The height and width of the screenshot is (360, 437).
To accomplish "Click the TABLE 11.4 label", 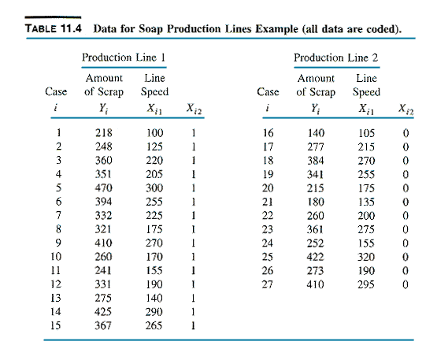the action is [54, 28].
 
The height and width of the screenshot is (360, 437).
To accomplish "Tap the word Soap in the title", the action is [150, 29].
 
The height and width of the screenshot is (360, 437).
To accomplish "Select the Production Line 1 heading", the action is [124, 58].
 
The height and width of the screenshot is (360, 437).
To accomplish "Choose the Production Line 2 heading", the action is [336, 58].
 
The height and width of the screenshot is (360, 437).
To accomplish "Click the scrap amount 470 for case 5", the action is [104, 187].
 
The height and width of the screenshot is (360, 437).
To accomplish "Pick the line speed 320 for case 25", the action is [366, 257].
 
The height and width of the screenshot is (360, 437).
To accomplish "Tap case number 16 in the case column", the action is [268, 132].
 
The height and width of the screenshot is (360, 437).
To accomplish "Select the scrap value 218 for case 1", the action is [104, 132].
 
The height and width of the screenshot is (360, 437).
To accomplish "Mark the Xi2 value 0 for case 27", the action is [406, 284].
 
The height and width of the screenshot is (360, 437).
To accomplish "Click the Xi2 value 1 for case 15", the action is [193, 325].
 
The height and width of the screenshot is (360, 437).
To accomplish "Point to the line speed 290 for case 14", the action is [154, 312].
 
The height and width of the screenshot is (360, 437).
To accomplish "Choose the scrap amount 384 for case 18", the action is [316, 161].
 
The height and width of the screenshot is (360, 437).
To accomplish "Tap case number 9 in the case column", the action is [58, 243].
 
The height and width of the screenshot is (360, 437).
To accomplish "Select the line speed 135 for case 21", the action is [366, 202].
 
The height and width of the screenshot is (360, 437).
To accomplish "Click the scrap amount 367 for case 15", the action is [103, 325].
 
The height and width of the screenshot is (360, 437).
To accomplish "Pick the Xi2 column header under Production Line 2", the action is [406, 109].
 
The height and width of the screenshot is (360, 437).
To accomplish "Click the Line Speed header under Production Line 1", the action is [154, 85].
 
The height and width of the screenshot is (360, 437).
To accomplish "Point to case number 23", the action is [268, 229].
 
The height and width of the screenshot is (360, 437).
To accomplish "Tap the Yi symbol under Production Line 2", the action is [315, 109].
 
